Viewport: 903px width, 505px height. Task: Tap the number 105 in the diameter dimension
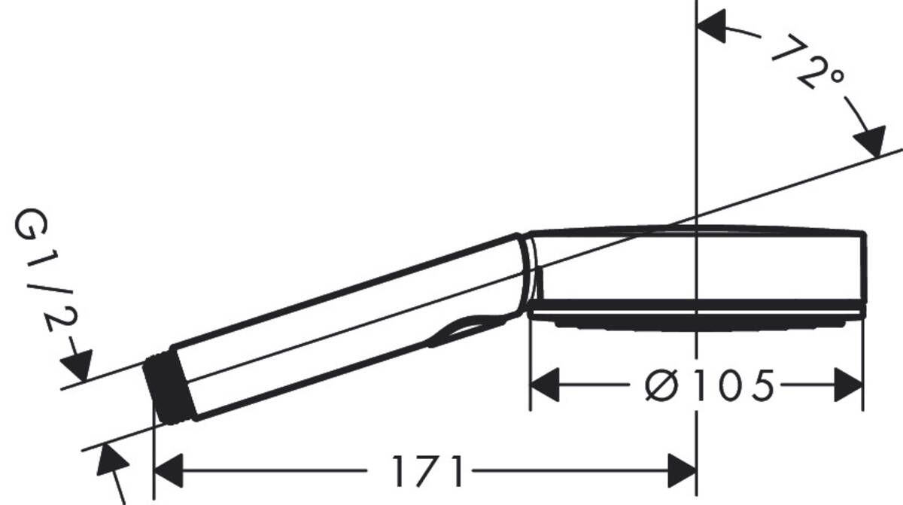(733, 386)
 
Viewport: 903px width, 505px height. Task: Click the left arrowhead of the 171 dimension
(168, 471)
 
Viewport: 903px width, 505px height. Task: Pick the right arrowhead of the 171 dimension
(682, 471)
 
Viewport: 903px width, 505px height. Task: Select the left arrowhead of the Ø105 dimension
(545, 385)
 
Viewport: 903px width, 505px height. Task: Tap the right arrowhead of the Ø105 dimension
(848, 385)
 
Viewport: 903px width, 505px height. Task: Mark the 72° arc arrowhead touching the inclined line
(869, 143)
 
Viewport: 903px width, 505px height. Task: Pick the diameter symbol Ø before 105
(663, 386)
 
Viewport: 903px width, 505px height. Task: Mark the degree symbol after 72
(834, 78)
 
